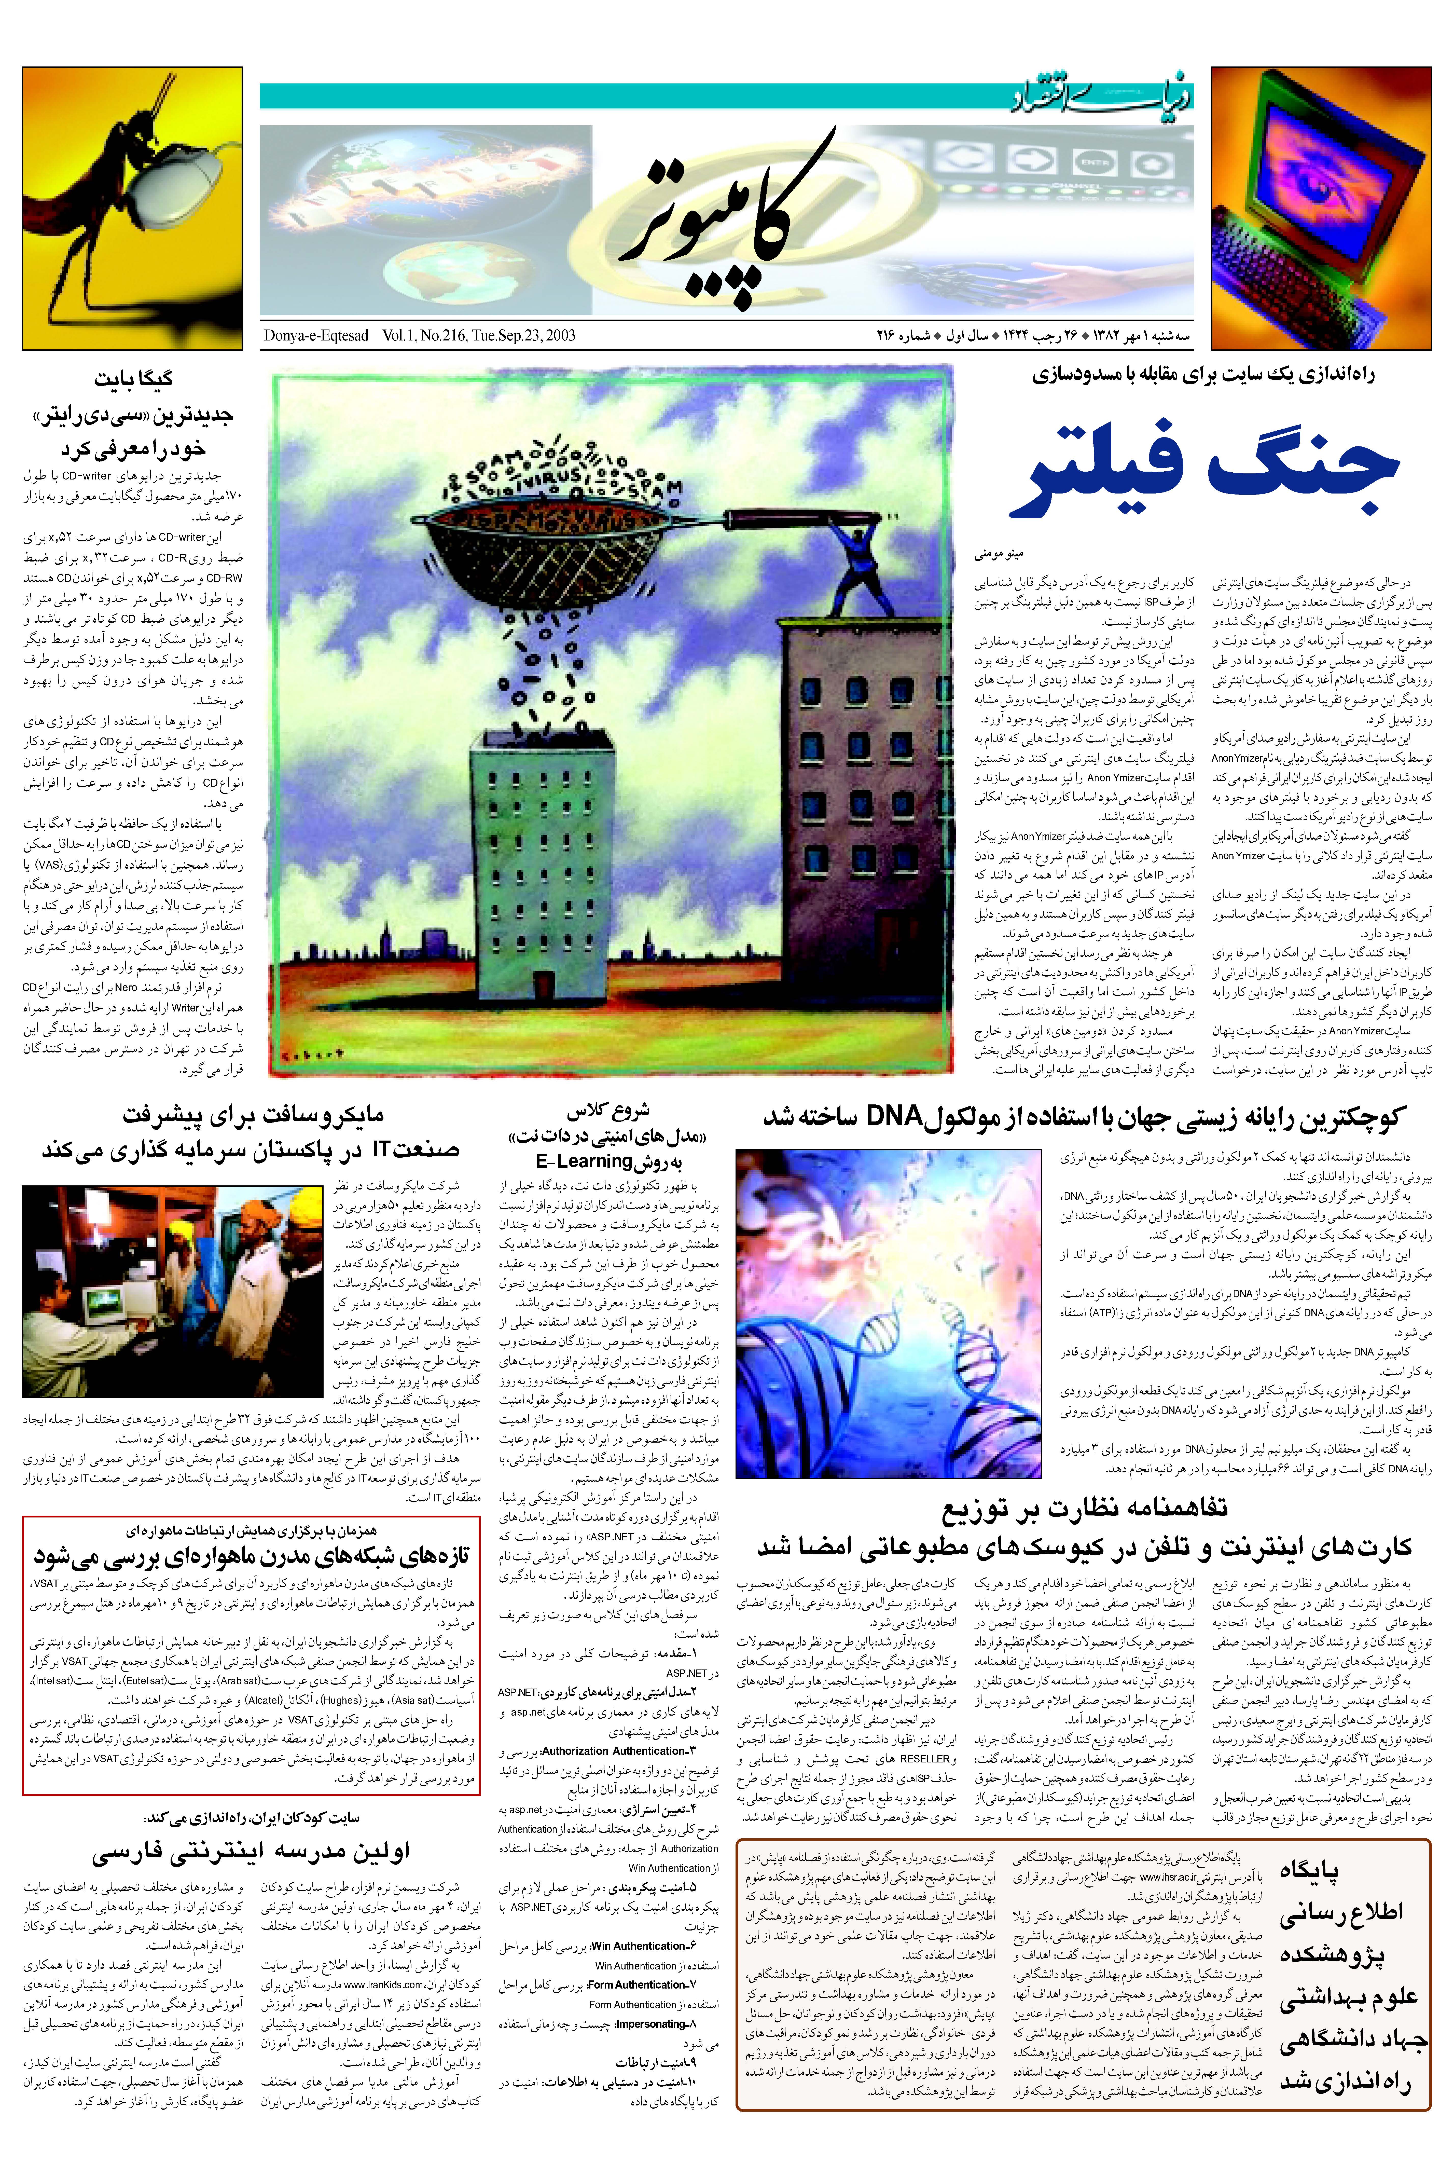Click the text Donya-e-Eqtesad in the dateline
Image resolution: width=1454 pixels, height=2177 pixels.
[315, 336]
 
